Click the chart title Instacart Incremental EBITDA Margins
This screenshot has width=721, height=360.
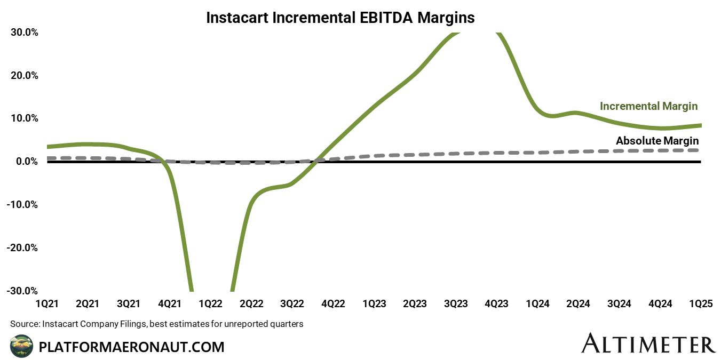coord(340,18)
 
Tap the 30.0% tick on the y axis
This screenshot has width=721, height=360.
coord(25,32)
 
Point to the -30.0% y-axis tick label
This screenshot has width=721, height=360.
coord(23,291)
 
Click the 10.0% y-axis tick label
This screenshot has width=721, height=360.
coord(25,118)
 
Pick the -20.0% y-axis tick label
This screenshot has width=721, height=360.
coord(23,248)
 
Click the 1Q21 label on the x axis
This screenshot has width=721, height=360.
coord(47,304)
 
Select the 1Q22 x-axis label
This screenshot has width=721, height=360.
coord(210,304)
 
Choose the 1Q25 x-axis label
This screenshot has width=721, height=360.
coord(700,304)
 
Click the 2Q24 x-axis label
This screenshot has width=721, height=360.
coord(578,304)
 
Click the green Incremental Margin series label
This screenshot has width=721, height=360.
coord(648,106)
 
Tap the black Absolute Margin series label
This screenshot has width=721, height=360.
coord(657,141)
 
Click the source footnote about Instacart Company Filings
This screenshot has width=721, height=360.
coord(156,324)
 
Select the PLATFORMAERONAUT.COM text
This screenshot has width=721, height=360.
coord(132,347)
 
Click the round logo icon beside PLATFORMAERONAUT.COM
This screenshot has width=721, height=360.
coord(21,346)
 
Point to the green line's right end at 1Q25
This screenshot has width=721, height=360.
coord(700,125)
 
